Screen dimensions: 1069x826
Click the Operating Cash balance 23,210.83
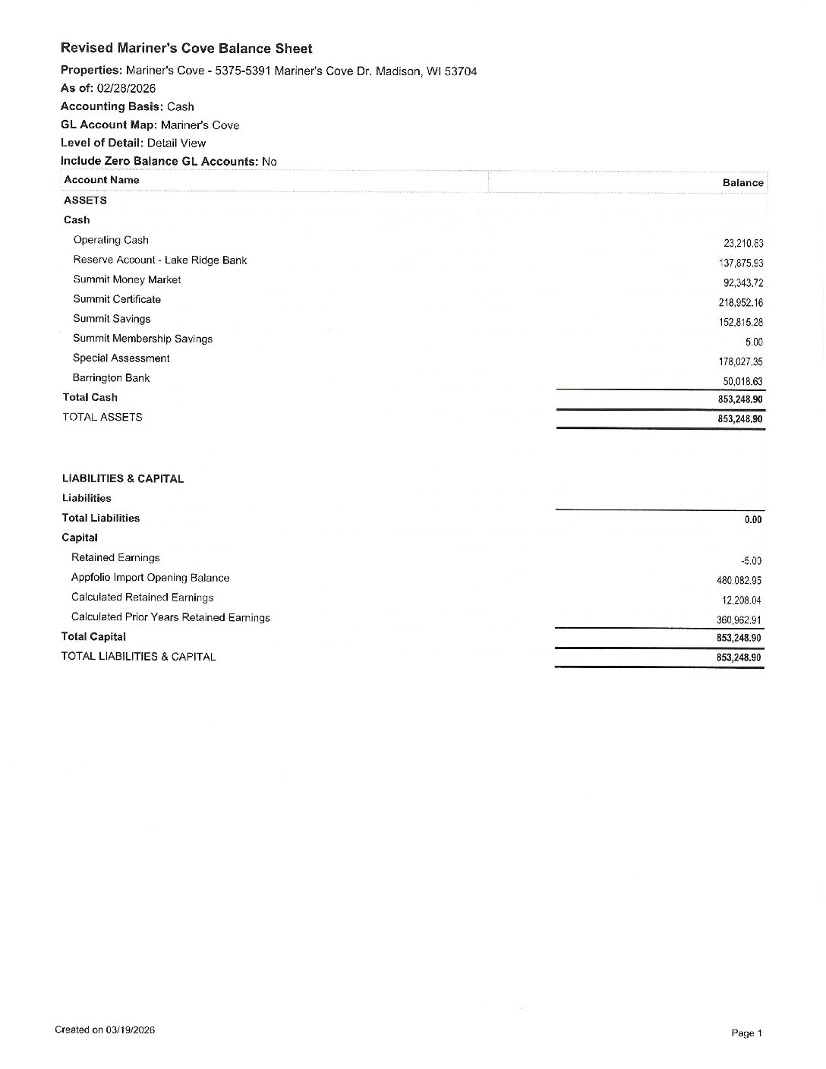point(742,244)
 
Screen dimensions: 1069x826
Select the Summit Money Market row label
point(127,279)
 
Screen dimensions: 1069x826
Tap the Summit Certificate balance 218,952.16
point(740,303)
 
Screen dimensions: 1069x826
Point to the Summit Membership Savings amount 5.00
point(753,342)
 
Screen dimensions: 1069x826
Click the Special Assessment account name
point(121,358)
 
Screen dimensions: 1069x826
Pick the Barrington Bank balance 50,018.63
point(742,382)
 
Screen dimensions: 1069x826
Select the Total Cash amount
point(739,399)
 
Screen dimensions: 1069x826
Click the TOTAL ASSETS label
point(102,417)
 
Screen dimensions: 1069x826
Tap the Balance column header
point(742,183)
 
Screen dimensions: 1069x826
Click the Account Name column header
point(102,180)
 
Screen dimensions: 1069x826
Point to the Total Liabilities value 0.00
point(752,520)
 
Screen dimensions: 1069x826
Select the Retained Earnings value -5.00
point(751,561)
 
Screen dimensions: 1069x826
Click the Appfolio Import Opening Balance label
point(150,578)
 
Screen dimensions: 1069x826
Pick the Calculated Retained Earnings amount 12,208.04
point(741,601)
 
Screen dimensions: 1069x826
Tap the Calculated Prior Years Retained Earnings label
point(170,617)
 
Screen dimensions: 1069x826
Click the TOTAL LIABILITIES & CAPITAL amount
point(738,657)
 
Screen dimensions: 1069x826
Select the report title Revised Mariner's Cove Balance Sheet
point(186,49)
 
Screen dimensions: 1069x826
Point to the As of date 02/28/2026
point(126,88)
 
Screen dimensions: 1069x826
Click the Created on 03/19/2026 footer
point(105,1030)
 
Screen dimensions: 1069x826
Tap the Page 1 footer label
point(746,1033)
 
